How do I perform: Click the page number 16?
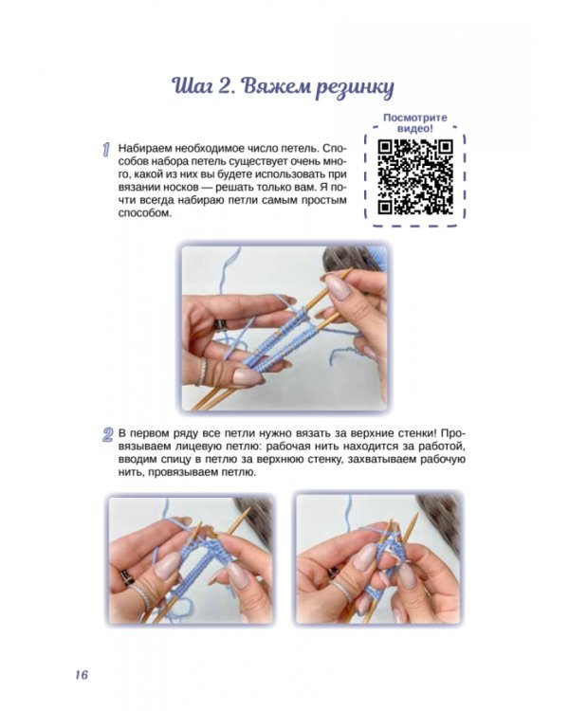coord(82,674)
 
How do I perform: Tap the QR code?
coord(415,176)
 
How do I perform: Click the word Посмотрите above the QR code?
coord(415,118)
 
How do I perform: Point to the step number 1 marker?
coord(106,150)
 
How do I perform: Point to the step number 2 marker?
coord(107,435)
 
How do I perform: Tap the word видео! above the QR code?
coord(415,129)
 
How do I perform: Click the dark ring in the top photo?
coord(221,325)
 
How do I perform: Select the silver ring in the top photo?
coord(202,372)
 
